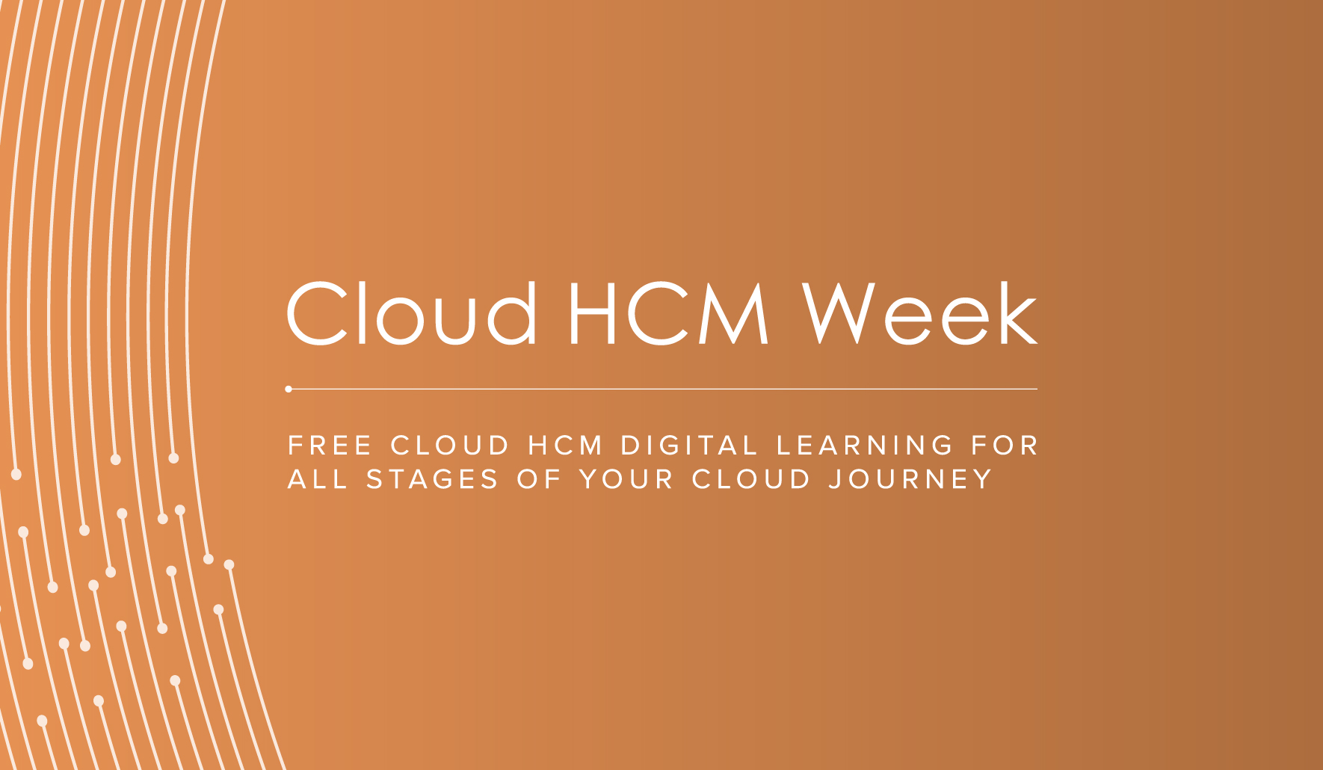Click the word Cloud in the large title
[412, 314]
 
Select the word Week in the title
[920, 314]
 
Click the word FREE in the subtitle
[330, 446]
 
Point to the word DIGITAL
[690, 446]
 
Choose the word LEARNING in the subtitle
[865, 446]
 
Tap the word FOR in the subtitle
[1005, 446]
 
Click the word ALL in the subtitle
[318, 479]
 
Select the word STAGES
[432, 479]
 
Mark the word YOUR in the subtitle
[626, 479]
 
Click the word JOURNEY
[910, 479]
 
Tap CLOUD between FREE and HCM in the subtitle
[450, 446]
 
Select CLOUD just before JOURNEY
[751, 479]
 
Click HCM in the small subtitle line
[565, 446]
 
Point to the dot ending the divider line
[289, 389]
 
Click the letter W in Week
[840, 314]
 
